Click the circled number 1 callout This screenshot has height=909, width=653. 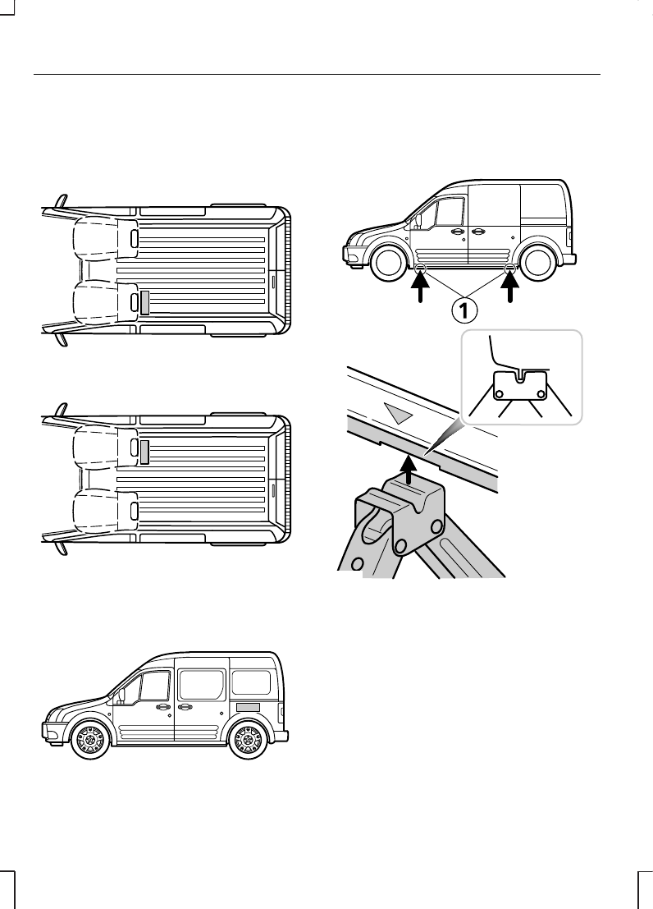[x=465, y=310]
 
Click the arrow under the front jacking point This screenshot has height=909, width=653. [x=421, y=292]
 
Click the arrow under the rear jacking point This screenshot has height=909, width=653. [x=510, y=292]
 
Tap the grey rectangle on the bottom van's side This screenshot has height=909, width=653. [x=248, y=707]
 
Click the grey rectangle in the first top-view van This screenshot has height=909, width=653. [x=145, y=302]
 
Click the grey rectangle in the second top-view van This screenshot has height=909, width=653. [x=145, y=451]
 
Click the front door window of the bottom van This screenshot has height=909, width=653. [x=154, y=688]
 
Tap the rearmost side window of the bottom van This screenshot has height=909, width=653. [x=252, y=682]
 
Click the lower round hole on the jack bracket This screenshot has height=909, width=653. [x=400, y=546]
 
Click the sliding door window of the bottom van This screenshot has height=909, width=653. [x=201, y=683]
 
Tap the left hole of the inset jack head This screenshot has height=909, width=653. [x=500, y=393]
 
